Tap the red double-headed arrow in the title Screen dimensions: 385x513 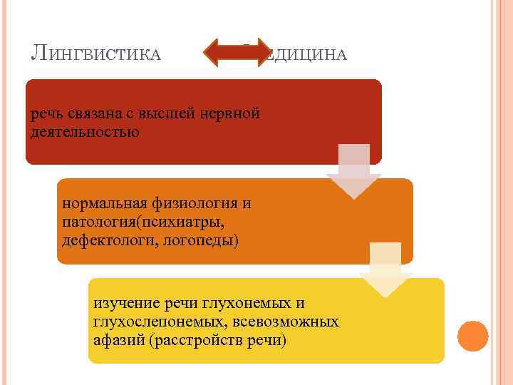tap(234, 51)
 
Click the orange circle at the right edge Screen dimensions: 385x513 tap(472, 335)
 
